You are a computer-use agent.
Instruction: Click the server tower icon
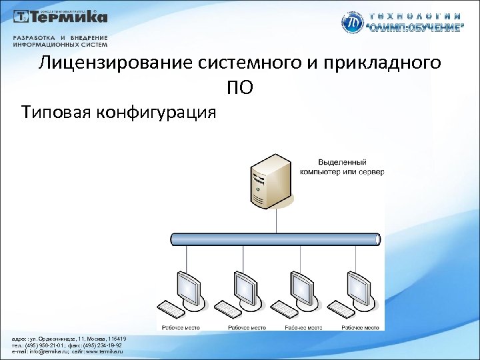pos(270,181)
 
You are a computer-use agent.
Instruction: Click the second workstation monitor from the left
pos(244,287)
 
